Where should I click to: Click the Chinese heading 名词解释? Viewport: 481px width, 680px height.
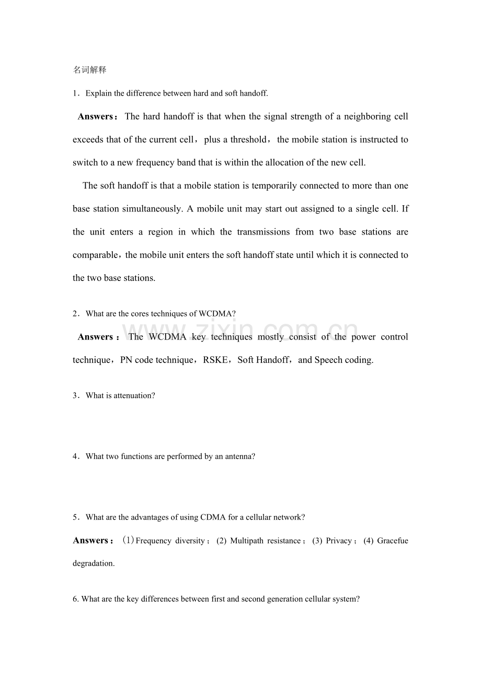[89, 70]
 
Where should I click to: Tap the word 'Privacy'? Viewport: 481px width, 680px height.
[339, 541]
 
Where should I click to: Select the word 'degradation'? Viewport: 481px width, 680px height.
[93, 564]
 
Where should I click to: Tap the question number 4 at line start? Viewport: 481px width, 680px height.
[75, 456]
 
